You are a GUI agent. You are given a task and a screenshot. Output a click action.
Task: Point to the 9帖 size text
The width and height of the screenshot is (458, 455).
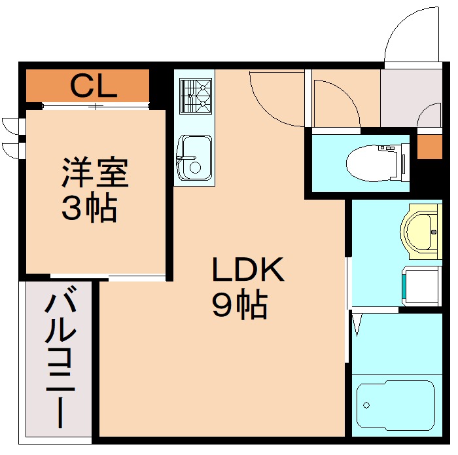239,304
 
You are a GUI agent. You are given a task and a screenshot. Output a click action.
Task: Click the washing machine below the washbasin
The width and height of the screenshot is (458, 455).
422,285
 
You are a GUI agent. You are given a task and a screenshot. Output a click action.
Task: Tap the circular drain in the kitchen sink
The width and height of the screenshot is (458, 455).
195,168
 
